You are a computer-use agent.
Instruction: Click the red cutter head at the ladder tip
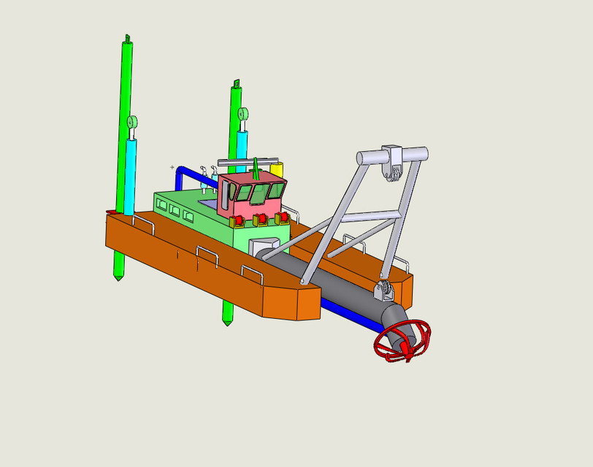point(402,342)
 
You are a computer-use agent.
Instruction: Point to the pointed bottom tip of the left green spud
point(118,277)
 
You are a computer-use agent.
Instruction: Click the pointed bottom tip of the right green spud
point(228,322)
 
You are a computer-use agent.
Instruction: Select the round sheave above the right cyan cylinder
point(242,113)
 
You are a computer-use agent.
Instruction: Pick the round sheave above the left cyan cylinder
point(132,122)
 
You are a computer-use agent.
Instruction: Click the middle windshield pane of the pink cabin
point(259,193)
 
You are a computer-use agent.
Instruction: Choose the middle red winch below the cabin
point(261,219)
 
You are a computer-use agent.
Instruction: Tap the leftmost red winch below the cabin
point(238,221)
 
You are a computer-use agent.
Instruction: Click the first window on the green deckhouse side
point(162,205)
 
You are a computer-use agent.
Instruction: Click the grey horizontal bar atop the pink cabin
point(248,161)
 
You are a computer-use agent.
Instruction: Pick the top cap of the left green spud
point(127,39)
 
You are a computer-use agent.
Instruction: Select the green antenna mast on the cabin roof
point(256,167)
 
